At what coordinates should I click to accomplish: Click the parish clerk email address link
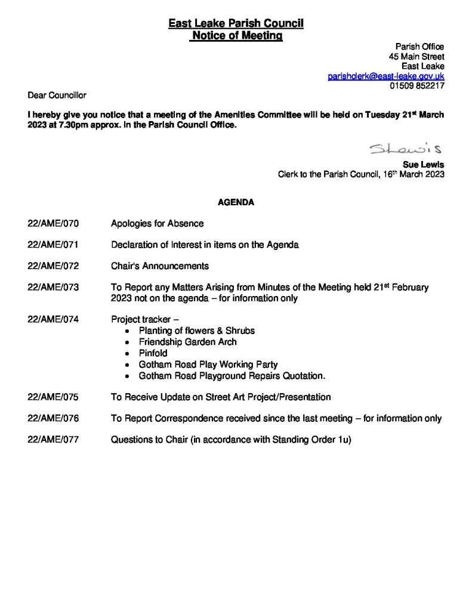386,76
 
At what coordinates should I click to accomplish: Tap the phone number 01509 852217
417,86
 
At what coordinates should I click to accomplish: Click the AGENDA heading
236,202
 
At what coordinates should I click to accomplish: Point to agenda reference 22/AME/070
53,223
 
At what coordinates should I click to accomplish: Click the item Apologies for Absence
157,223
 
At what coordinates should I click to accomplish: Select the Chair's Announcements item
160,266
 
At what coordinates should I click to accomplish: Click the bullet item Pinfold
153,353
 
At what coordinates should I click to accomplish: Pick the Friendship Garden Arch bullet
187,342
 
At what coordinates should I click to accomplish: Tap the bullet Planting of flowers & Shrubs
196,331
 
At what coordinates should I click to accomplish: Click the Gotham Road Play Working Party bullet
208,365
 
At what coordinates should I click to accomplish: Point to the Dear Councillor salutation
57,95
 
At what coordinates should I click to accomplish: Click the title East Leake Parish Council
236,24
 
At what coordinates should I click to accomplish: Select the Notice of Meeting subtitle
236,36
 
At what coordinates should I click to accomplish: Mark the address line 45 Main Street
416,57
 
